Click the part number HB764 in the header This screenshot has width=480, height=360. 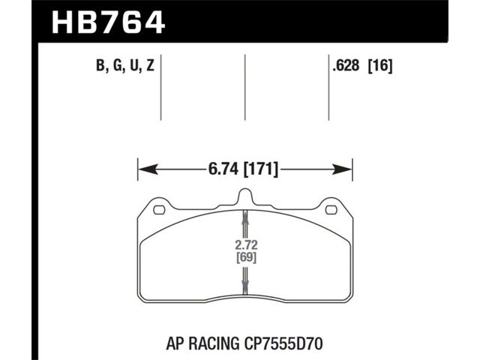pyautogui.click(x=108, y=22)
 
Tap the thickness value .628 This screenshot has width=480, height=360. pyautogui.click(x=346, y=65)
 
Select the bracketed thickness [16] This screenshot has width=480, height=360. pyautogui.click(x=380, y=66)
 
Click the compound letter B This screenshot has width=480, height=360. pyautogui.click(x=100, y=65)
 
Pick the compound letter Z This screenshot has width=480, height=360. pyautogui.click(x=150, y=65)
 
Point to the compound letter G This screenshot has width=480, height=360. pyautogui.click(x=117, y=65)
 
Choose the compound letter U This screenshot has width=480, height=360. pyautogui.click(x=134, y=65)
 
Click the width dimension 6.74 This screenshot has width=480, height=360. pyautogui.click(x=223, y=169)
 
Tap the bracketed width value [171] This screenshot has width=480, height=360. pyautogui.click(x=261, y=169)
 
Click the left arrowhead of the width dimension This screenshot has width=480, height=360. pyautogui.click(x=148, y=169)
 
